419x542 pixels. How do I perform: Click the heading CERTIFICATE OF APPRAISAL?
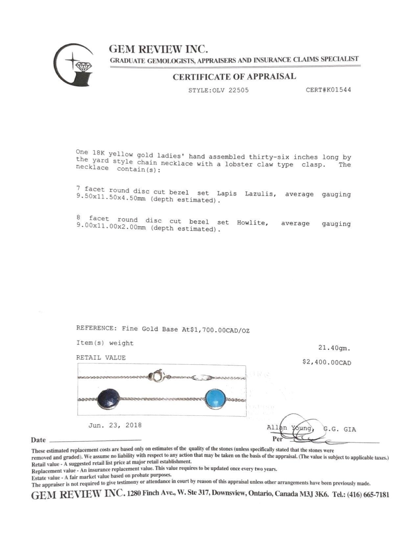[234, 77]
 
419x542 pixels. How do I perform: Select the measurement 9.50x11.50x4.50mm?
[110, 199]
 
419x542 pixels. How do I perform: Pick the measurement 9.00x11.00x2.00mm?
[111, 227]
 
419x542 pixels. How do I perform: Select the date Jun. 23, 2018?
[115, 425]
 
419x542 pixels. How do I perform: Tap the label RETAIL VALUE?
[101, 358]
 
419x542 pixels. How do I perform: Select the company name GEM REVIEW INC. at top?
[158, 49]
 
